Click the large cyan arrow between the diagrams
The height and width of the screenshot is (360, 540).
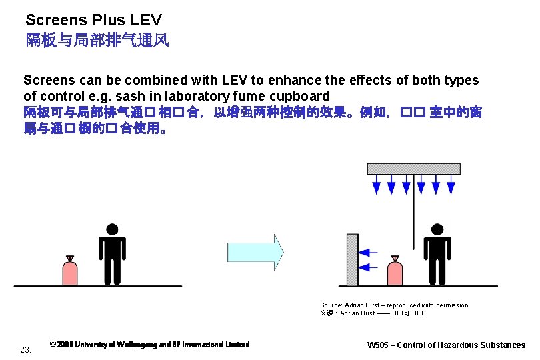(255, 252)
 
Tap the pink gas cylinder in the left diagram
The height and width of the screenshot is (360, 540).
(69, 271)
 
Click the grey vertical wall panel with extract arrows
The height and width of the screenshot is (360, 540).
(352, 259)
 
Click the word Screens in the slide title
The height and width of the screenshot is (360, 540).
(51, 21)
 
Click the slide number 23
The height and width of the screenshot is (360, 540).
(26, 349)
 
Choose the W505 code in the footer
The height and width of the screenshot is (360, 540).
(382, 345)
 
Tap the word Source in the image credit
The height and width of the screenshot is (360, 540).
(331, 305)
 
